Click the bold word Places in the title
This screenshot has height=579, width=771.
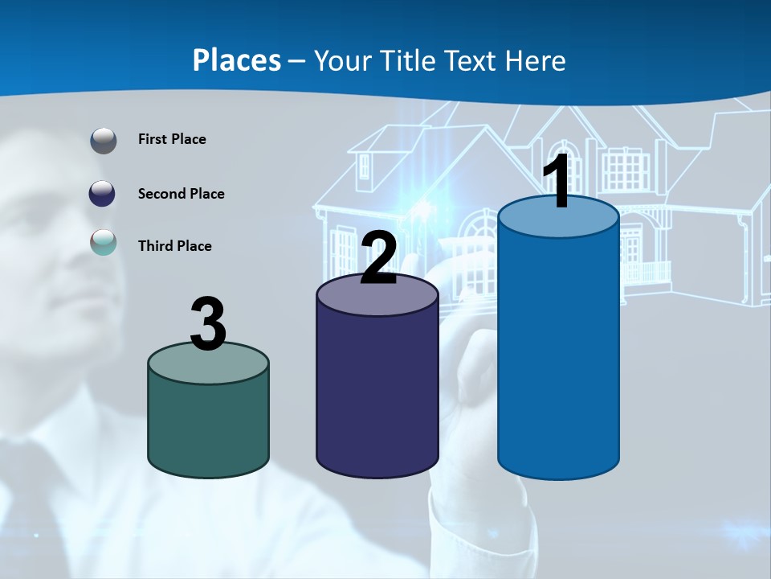[x=237, y=60]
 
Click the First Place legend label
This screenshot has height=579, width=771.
[x=172, y=139]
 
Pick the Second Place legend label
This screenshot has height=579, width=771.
[x=181, y=194]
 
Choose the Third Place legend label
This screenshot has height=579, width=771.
[x=174, y=246]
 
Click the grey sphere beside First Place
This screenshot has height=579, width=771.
[x=104, y=141]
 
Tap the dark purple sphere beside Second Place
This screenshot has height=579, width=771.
[x=103, y=194]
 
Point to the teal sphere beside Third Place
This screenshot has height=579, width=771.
[x=104, y=242]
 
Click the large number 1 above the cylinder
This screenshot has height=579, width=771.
[x=557, y=183]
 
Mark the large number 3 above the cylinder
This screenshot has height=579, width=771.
[x=209, y=323]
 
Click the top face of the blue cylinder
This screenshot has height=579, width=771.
[x=558, y=220]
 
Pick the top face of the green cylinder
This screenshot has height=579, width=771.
[x=208, y=365]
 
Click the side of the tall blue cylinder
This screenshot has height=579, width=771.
[x=558, y=354]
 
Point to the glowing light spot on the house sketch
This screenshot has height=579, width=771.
[x=421, y=207]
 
